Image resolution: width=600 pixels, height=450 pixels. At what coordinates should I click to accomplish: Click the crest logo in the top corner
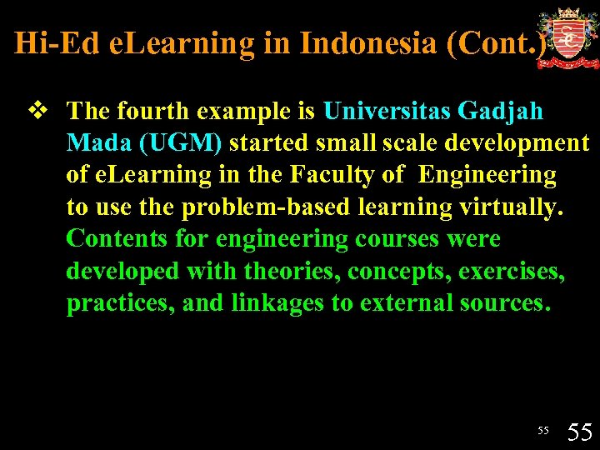tap(568, 38)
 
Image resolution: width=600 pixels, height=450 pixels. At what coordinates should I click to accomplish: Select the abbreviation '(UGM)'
tap(180, 142)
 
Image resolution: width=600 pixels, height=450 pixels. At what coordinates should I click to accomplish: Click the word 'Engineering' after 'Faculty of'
tap(487, 175)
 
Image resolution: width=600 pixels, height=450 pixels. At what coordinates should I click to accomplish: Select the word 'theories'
tap(292, 272)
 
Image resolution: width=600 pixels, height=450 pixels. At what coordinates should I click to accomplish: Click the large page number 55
tap(579, 432)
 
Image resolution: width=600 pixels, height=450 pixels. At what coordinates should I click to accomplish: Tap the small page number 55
tap(542, 430)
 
